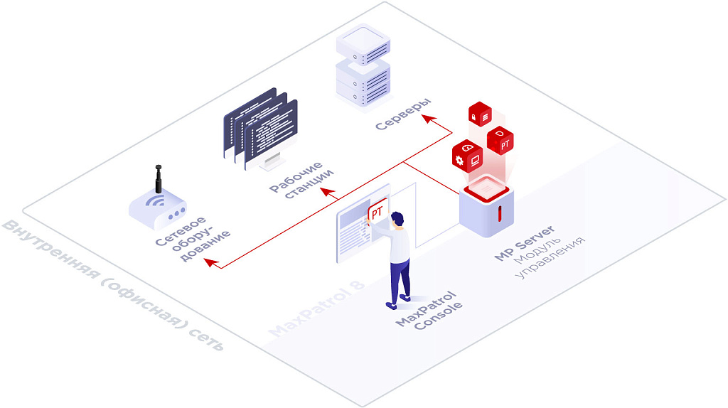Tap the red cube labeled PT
click(x=502, y=141)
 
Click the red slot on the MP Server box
click(x=500, y=213)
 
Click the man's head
click(x=397, y=219)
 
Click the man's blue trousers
click(x=400, y=277)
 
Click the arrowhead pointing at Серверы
click(x=427, y=119)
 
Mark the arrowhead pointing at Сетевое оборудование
click(x=207, y=262)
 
